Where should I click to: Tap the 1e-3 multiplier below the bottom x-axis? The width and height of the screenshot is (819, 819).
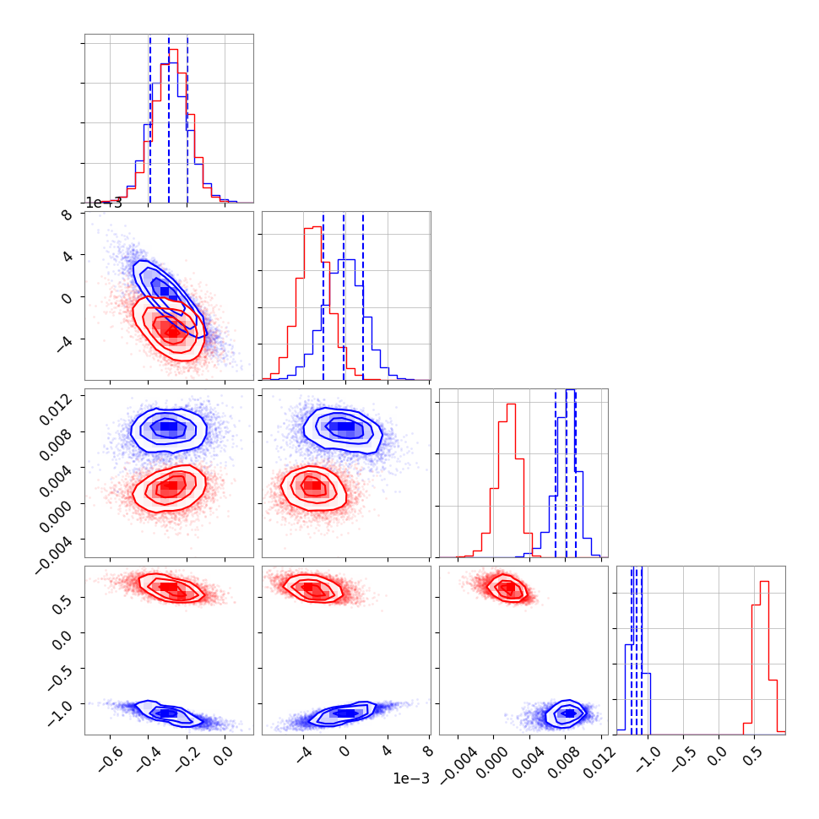click(x=410, y=778)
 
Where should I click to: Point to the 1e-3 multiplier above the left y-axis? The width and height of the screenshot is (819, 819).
click(x=103, y=203)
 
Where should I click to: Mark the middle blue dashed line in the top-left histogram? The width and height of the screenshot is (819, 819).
click(x=169, y=118)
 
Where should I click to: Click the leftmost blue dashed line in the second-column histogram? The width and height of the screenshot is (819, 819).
click(x=323, y=296)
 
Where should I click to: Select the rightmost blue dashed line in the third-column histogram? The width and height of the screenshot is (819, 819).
click(x=576, y=473)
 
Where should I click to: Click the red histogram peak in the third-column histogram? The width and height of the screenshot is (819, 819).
click(x=510, y=404)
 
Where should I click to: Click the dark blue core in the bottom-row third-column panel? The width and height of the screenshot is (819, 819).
click(x=568, y=713)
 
